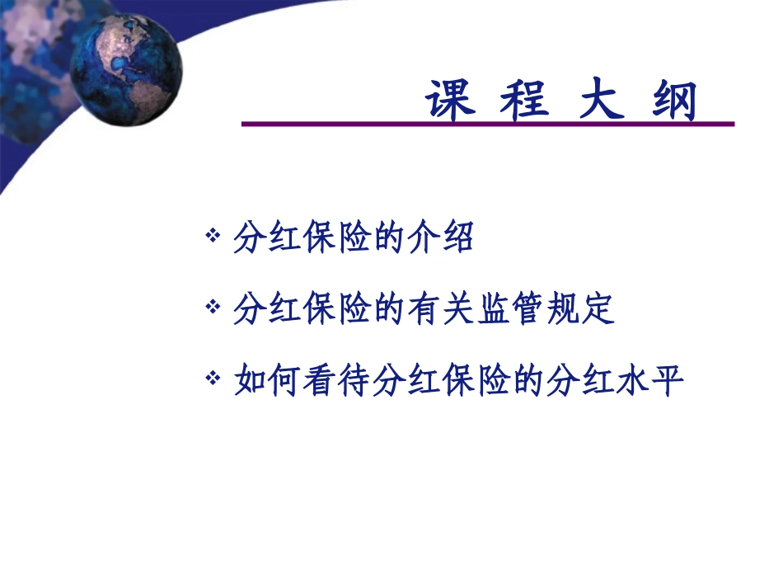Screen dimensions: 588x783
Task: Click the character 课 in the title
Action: pos(452,101)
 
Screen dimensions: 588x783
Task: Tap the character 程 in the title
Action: pos(527,101)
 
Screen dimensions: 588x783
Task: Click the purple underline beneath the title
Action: pos(486,125)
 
